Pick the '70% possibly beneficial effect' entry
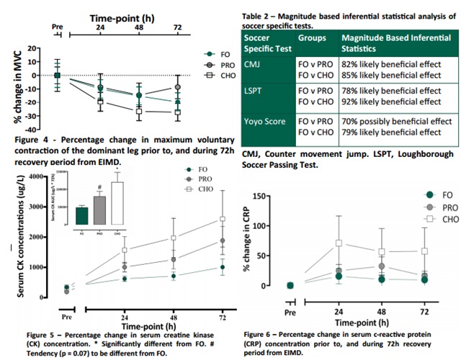(x=397, y=122)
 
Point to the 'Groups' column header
(x=313, y=36)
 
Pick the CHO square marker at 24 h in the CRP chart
(x=338, y=243)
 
